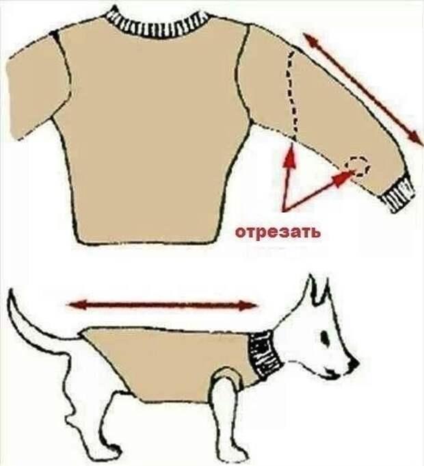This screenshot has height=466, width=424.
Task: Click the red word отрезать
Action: pos(278,232)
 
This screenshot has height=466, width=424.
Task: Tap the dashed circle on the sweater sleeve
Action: pos(358,166)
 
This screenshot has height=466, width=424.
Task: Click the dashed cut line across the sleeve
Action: pos(294,96)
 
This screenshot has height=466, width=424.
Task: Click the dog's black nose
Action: pos(354,363)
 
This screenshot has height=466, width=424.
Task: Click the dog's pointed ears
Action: pos(316,293)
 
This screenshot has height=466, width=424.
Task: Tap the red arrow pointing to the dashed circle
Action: pos(321,192)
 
